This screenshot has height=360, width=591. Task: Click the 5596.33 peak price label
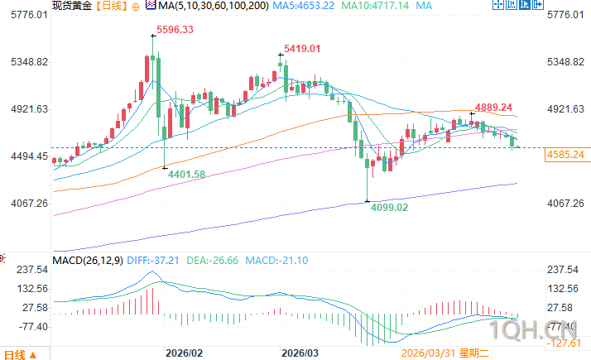click(x=171, y=30)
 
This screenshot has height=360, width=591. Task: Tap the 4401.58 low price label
click(x=187, y=174)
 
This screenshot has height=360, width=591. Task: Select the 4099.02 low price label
click(x=389, y=208)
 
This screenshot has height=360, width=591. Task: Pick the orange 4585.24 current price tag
click(x=566, y=155)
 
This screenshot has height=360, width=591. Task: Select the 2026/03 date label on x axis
click(x=300, y=352)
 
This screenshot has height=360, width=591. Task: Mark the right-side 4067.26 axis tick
click(x=566, y=203)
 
